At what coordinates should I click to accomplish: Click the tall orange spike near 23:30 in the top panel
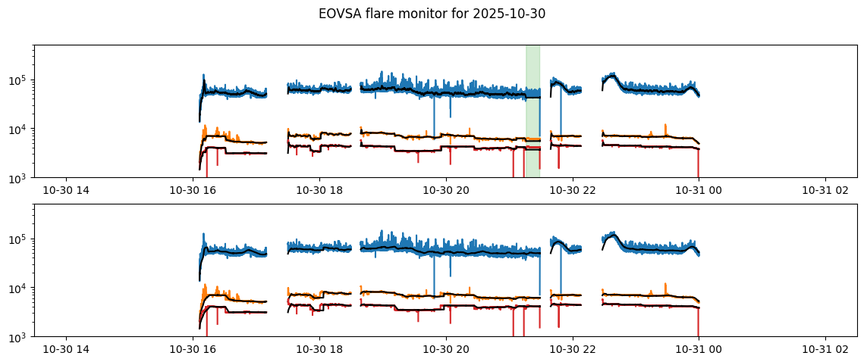click(665, 126)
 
